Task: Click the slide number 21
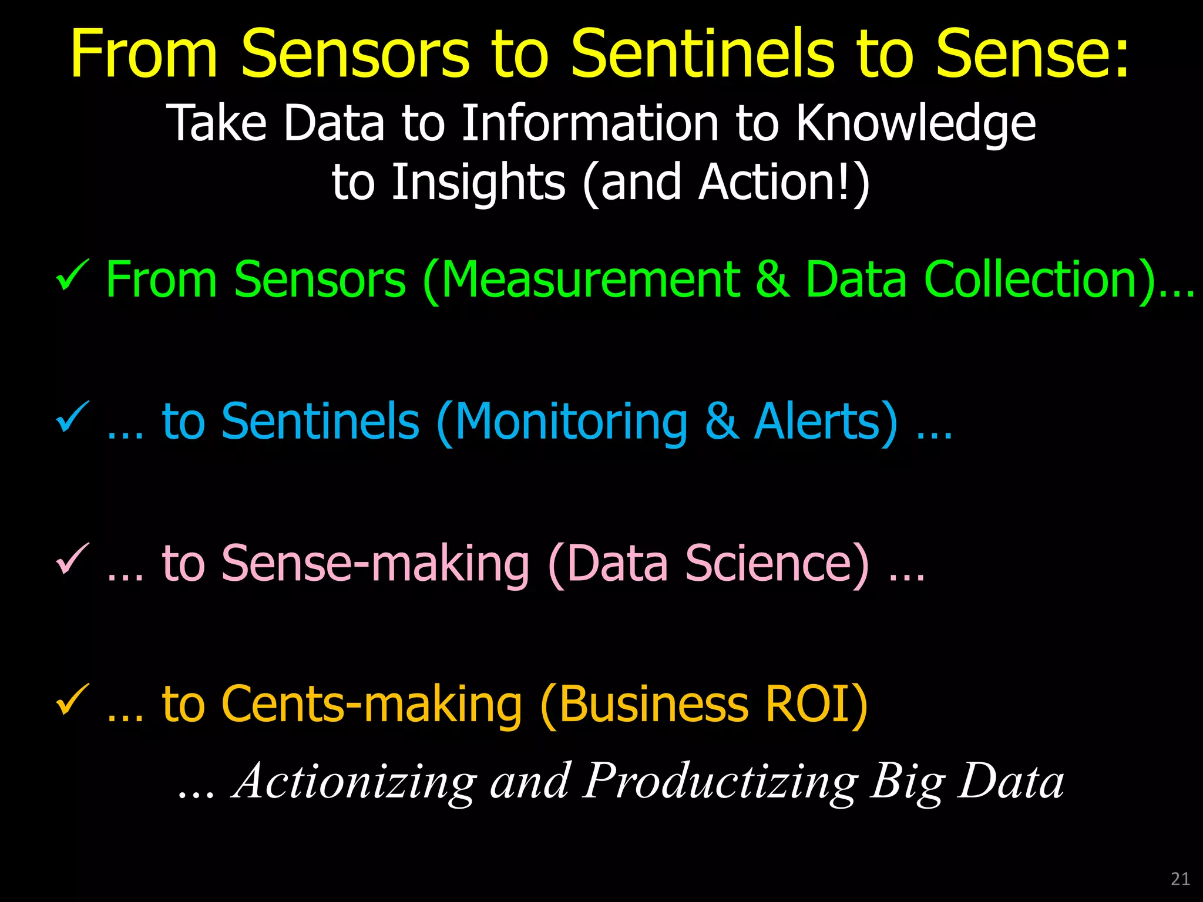(1180, 879)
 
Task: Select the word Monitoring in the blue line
(570, 422)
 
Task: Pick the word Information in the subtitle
(590, 123)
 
